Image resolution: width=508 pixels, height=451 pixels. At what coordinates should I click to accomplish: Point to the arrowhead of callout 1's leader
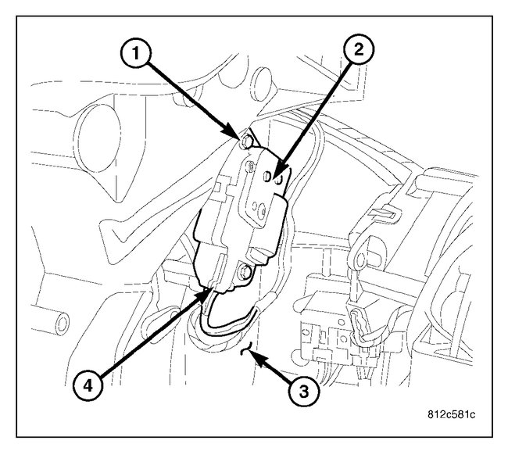coord(238,137)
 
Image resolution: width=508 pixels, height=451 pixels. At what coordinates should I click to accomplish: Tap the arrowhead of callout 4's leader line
coord(209,292)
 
